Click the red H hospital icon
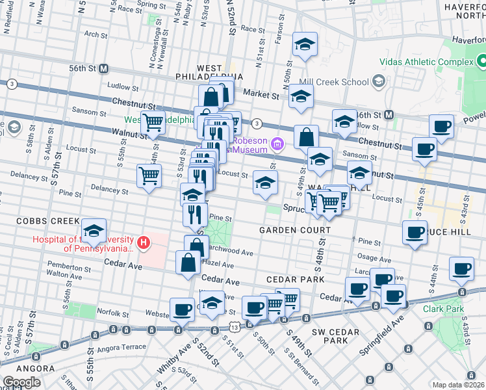(x=144, y=244)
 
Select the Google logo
(x=21, y=382)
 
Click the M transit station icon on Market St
(x=389, y=115)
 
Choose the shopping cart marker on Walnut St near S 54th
(x=153, y=122)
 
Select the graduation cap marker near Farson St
(x=305, y=44)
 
